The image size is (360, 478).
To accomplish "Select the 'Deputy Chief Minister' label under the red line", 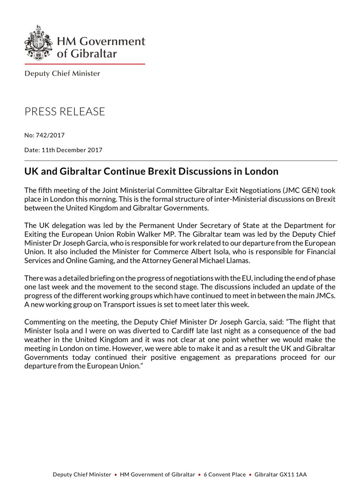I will click(62, 73).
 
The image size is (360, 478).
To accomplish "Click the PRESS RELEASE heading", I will click(65, 112).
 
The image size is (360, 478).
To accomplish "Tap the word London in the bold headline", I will click(260, 172).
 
